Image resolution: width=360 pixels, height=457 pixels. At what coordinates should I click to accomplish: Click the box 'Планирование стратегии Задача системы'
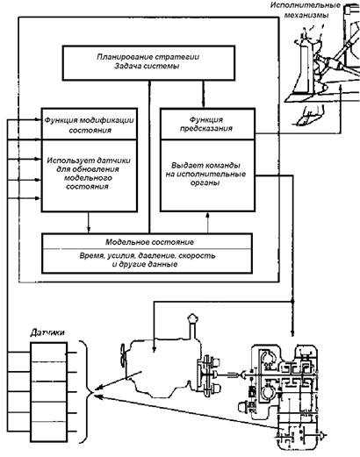(x=148, y=63)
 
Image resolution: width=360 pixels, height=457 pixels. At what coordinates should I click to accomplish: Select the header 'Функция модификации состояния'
(x=90, y=125)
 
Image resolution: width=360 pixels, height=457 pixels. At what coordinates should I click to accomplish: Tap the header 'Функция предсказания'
(x=206, y=124)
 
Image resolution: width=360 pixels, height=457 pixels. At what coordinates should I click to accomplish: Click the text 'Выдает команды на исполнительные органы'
(x=205, y=174)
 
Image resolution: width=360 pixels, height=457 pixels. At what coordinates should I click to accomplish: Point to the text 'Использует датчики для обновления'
(x=89, y=165)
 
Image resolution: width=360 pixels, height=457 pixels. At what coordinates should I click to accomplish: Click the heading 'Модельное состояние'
(x=149, y=242)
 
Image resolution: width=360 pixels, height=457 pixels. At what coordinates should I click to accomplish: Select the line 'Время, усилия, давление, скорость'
(x=148, y=255)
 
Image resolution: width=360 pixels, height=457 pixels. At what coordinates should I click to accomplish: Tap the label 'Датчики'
(x=47, y=332)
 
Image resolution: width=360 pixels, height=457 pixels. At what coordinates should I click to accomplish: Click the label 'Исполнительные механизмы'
(x=306, y=10)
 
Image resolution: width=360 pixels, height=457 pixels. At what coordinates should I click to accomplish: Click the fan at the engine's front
(x=123, y=356)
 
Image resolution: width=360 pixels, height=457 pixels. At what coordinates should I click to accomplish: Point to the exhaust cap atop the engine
(x=192, y=318)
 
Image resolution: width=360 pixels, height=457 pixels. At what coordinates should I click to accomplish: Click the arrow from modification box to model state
(x=89, y=222)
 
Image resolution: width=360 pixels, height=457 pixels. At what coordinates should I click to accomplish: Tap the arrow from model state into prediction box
(x=208, y=223)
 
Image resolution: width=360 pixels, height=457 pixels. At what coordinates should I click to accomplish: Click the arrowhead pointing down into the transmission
(x=292, y=333)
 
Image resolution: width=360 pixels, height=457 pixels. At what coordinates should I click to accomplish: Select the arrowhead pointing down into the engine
(x=155, y=348)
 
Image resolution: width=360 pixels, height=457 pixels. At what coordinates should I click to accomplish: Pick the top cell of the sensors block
(x=48, y=352)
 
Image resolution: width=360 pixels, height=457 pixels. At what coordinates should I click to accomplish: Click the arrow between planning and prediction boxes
(x=204, y=94)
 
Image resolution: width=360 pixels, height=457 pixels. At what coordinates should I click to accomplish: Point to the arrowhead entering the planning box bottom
(x=149, y=83)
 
